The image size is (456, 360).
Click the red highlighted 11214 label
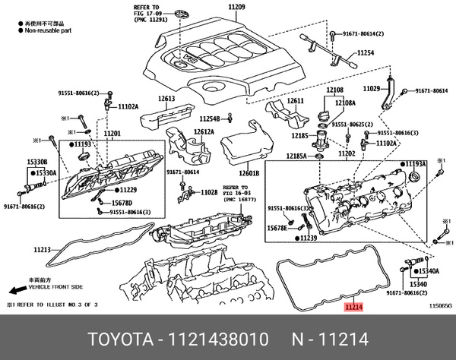tap(353, 308)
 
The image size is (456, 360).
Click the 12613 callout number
tap(167, 99)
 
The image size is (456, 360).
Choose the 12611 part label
tap(295, 101)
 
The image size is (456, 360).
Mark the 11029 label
tap(372, 89)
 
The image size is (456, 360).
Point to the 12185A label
tap(297, 156)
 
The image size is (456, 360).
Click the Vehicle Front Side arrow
tap(17, 291)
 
